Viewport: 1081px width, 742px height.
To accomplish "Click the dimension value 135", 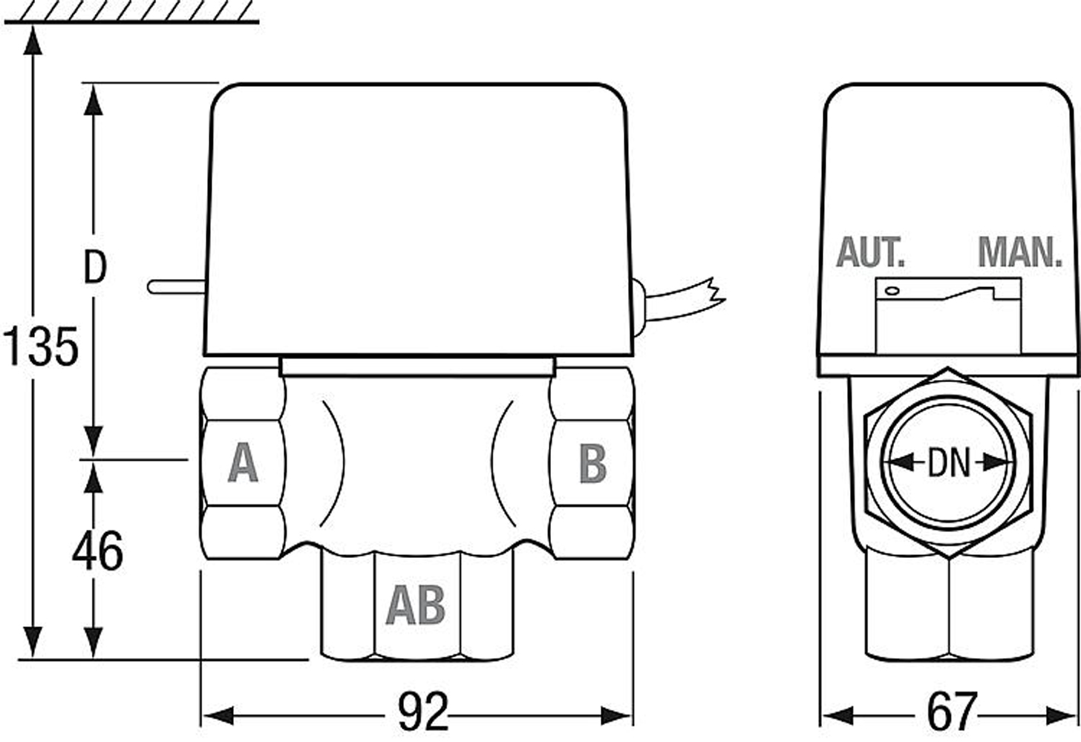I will (41, 347).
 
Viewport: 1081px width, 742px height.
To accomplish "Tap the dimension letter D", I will (95, 268).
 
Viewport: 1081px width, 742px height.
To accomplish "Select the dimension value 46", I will (97, 552).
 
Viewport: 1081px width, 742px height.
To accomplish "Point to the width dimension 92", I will (423, 713).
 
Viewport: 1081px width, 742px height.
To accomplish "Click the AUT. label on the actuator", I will (870, 253).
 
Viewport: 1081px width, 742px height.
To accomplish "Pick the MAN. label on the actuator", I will (1020, 253).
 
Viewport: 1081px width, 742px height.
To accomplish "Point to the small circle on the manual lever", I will (892, 291).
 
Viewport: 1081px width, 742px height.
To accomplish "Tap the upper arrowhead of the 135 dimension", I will (31, 41).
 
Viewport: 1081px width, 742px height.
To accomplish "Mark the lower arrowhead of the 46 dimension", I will (93, 642).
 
